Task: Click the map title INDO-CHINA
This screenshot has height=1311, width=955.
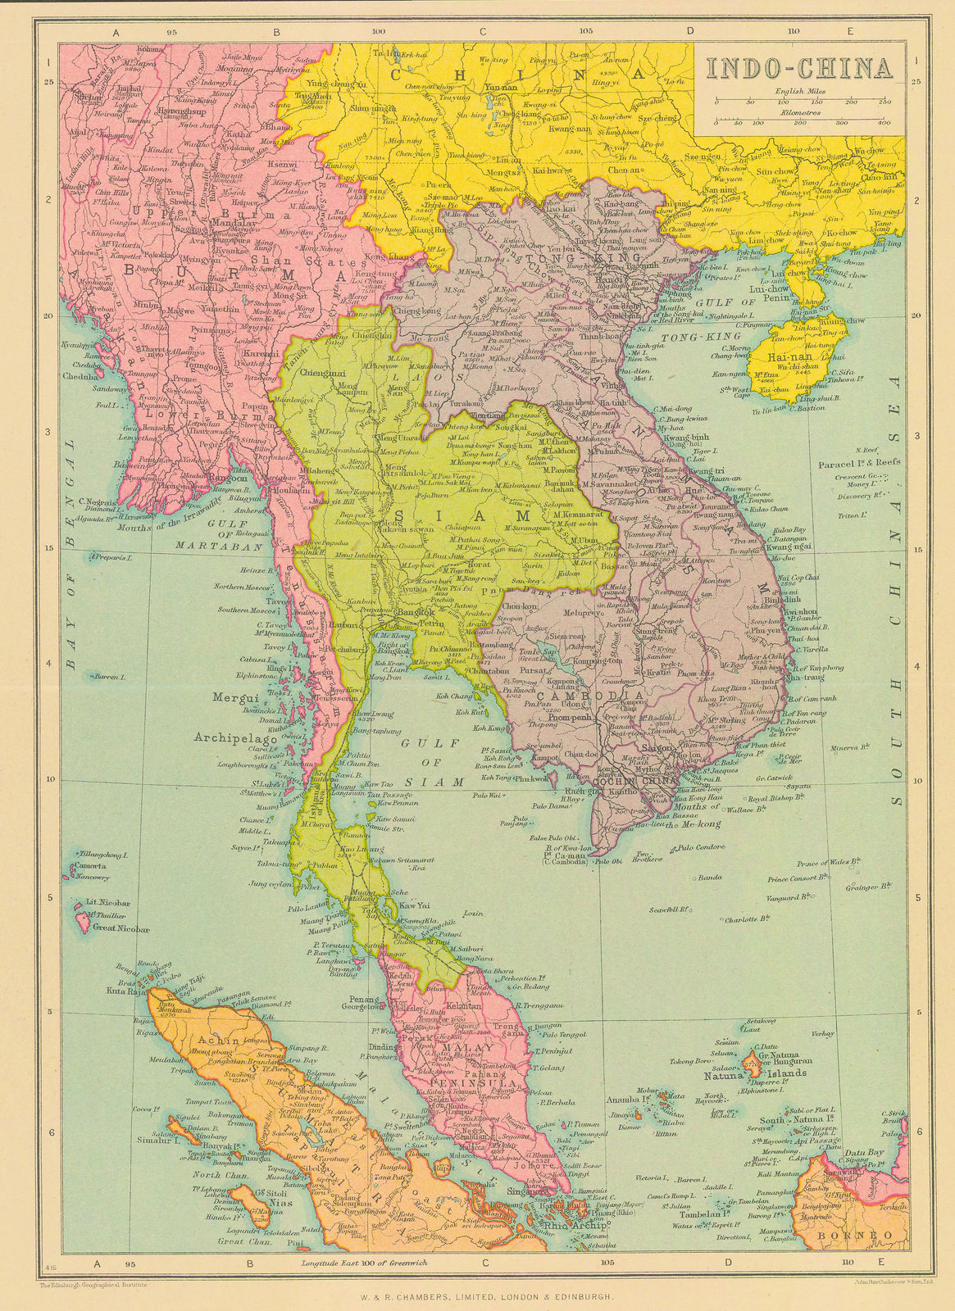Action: point(798,68)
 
